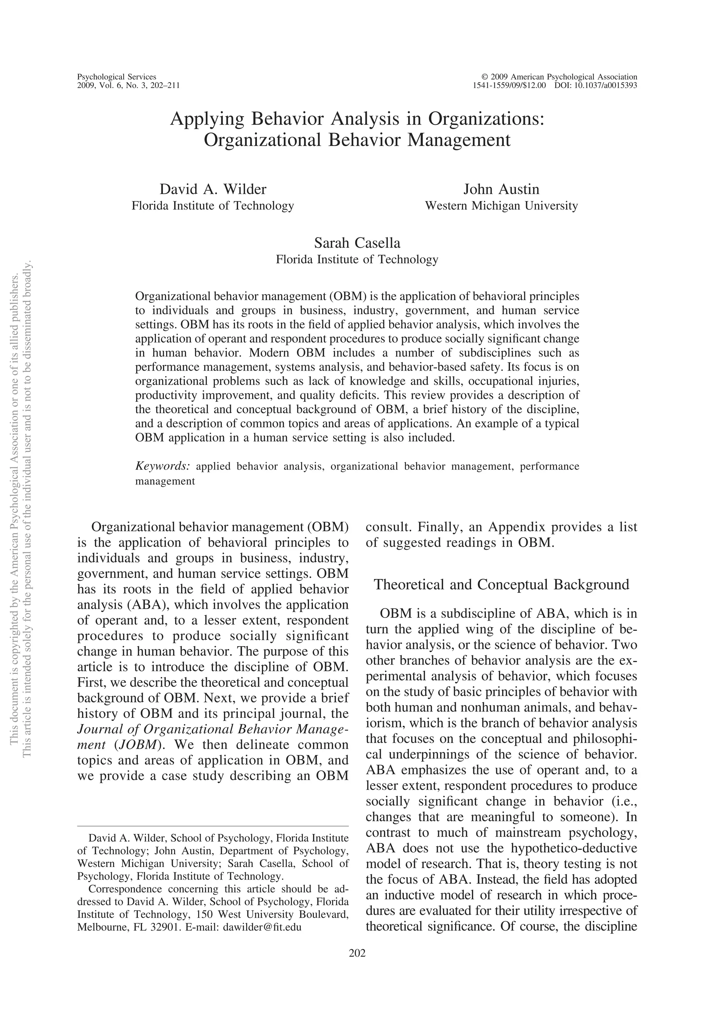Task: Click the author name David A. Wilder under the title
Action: click(x=213, y=189)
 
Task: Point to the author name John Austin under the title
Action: click(x=501, y=189)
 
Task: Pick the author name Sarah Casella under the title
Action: click(x=357, y=243)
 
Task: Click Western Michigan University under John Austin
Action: click(x=501, y=206)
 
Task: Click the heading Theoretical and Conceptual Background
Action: click(x=501, y=584)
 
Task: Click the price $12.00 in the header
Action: click(x=532, y=86)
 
